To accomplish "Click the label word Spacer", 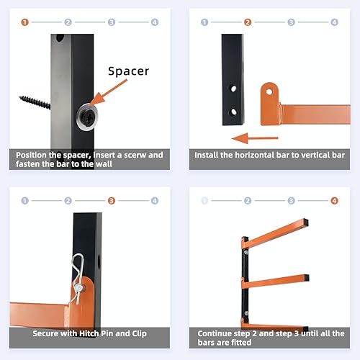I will pos(128,71).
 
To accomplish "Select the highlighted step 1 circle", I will pos(25,22).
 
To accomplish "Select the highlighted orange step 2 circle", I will pos(248,22).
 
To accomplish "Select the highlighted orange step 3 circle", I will pos(112,200).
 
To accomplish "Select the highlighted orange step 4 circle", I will pos(334,200).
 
